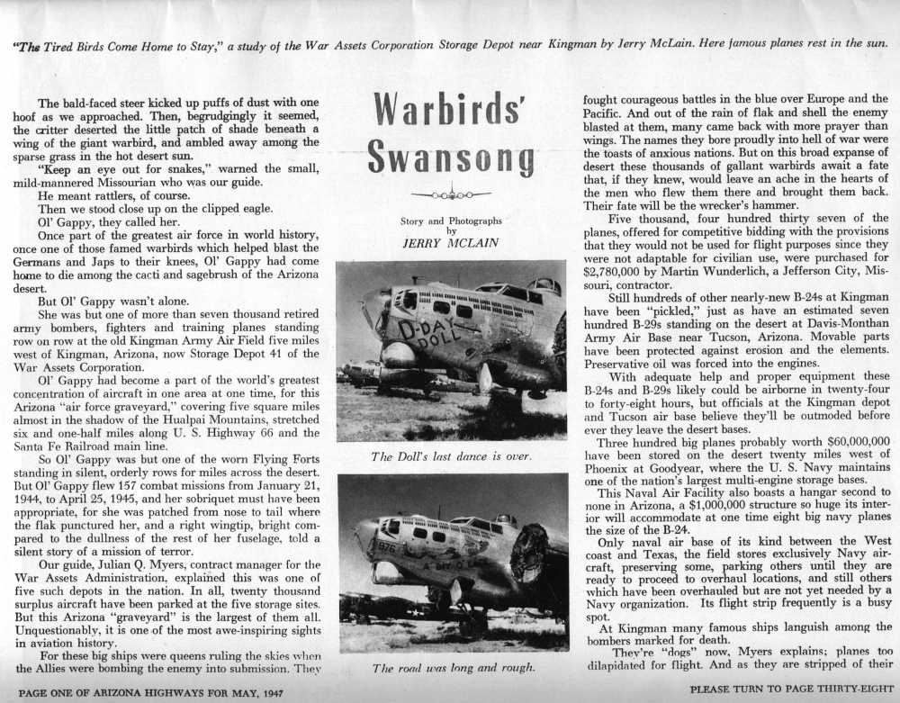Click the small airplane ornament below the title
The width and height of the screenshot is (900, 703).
pyautogui.click(x=450, y=194)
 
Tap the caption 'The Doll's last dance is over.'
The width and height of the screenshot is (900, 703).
pyautogui.click(x=451, y=456)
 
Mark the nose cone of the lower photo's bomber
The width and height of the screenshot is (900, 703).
pyautogui.click(x=363, y=537)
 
